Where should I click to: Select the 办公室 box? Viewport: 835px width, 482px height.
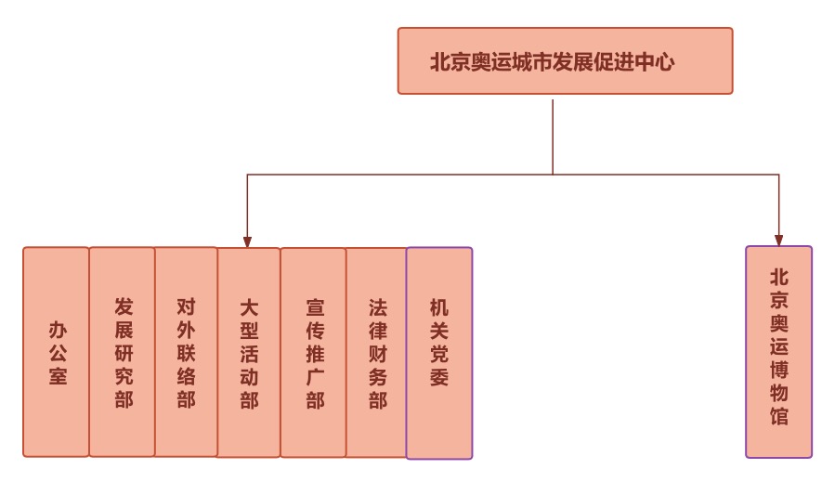(x=57, y=352)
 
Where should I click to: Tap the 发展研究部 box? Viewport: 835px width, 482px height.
(x=123, y=352)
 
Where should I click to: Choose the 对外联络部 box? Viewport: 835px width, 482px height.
(x=186, y=352)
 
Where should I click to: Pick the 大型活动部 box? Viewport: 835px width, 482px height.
(x=249, y=353)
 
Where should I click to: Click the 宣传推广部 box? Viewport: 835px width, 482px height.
(x=314, y=353)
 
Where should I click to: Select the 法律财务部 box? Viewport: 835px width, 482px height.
(x=377, y=353)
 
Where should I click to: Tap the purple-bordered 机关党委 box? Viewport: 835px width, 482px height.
(x=439, y=353)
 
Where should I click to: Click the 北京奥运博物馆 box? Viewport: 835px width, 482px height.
(x=778, y=352)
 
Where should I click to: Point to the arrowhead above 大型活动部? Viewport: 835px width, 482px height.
(x=247, y=241)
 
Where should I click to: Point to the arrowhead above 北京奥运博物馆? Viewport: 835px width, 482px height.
(x=778, y=241)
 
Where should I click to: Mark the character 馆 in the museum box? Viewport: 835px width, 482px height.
(x=779, y=416)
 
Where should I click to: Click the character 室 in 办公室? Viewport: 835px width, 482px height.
(x=58, y=376)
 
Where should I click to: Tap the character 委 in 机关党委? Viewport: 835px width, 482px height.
(x=439, y=377)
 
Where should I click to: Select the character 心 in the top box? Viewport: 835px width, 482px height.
(x=663, y=62)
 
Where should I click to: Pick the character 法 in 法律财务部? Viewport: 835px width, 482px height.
(x=377, y=307)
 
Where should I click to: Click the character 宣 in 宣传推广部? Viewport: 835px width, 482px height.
(x=315, y=307)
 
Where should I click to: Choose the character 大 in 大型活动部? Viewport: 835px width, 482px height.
(x=249, y=307)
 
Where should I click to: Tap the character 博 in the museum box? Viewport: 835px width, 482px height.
(x=779, y=370)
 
